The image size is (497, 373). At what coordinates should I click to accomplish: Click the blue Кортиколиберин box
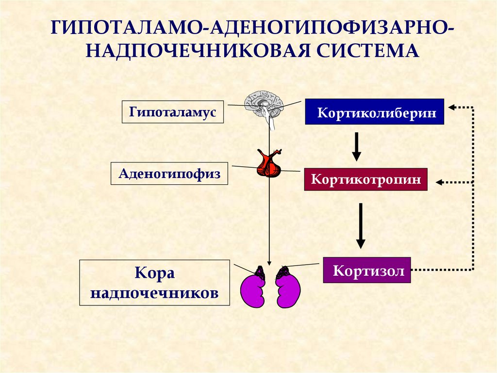[x=374, y=111]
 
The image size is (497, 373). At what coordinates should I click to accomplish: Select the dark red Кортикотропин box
[x=366, y=179]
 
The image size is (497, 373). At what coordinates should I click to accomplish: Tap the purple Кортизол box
[x=367, y=270]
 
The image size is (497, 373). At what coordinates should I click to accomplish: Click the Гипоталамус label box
[x=173, y=112]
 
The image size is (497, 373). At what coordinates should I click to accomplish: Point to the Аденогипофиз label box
[x=169, y=174]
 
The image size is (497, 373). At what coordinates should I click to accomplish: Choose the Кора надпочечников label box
[x=155, y=283]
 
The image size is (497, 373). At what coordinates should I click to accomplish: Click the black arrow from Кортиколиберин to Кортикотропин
[x=357, y=146]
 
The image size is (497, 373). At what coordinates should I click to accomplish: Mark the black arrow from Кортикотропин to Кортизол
[x=361, y=226]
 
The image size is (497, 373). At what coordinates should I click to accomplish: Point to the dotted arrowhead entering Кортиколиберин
[x=452, y=107]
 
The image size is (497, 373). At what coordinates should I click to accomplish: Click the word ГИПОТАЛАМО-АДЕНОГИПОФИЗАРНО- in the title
[x=252, y=28]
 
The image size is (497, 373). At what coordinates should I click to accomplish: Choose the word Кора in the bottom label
[x=155, y=273]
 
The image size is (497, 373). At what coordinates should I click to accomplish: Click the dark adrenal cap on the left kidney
[x=260, y=273]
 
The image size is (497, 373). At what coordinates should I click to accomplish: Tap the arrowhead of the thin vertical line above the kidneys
[x=269, y=263]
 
